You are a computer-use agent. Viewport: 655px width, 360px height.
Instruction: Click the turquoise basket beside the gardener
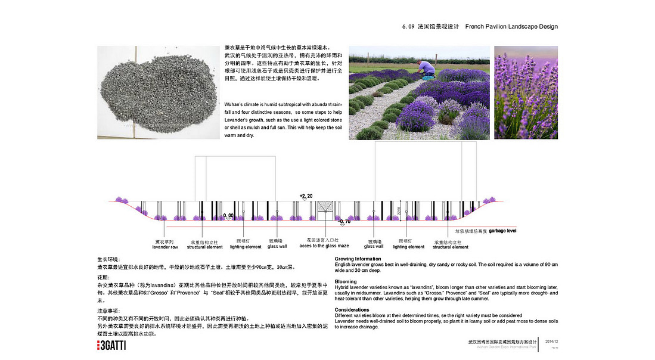[429, 77]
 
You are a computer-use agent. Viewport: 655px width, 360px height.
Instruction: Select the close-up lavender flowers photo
[526, 92]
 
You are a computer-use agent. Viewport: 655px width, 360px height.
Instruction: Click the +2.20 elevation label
[306, 195]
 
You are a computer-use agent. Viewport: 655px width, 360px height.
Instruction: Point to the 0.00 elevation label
[228, 215]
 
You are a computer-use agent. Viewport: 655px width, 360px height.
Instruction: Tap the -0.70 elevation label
[344, 221]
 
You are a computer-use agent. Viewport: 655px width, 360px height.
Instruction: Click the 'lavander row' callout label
[166, 247]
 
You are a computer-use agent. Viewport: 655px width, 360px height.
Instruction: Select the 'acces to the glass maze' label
[323, 246]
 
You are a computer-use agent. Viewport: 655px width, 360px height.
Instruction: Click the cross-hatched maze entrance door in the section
[325, 209]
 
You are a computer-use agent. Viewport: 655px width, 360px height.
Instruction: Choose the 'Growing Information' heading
[358, 259]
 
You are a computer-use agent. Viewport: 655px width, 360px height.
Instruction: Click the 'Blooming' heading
[346, 281]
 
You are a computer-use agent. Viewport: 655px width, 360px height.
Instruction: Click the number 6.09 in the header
[411, 27]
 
